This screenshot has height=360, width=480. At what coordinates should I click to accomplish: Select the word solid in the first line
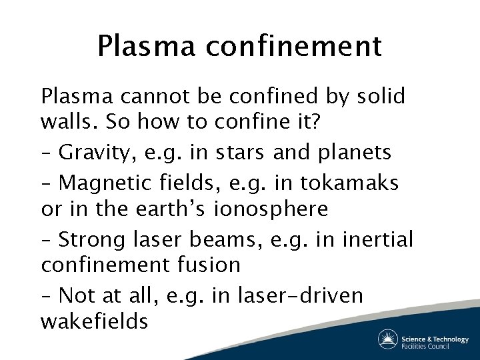tap(379, 97)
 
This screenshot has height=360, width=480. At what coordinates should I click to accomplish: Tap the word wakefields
tap(94, 322)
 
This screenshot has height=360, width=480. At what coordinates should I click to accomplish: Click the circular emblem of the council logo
tap(388, 339)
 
